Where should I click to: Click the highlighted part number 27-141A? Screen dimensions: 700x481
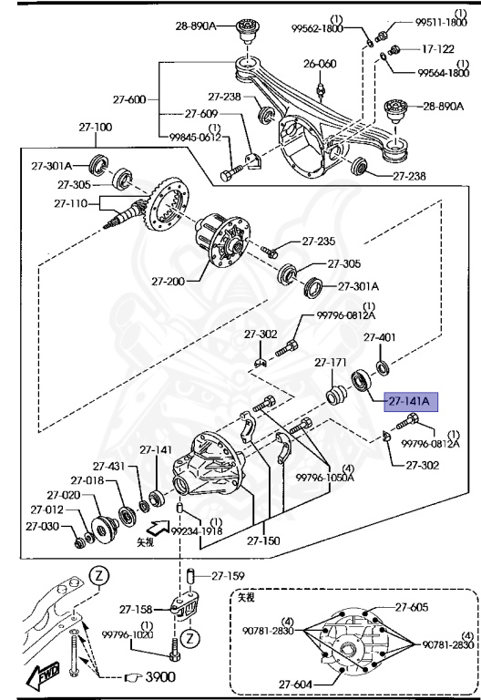pos(413,399)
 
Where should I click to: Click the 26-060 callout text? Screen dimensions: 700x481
pos(320,64)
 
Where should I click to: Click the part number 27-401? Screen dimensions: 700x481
pos(381,337)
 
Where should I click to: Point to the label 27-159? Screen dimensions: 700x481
pos(228,575)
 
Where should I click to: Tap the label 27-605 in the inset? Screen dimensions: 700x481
pos(411,606)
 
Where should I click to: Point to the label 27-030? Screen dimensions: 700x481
pos(42,526)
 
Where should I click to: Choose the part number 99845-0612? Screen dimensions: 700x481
pos(195,138)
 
